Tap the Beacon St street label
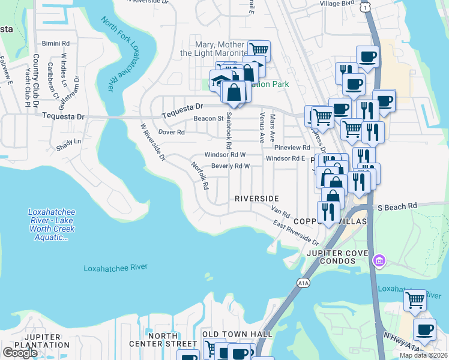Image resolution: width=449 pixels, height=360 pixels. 208,119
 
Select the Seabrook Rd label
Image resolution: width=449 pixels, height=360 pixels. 228,133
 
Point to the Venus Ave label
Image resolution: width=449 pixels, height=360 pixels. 262,128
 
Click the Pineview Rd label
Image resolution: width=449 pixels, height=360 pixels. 291,147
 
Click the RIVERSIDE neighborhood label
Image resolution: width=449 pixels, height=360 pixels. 256,199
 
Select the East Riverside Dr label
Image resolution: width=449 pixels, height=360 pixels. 295,233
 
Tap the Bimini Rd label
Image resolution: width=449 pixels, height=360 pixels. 56,44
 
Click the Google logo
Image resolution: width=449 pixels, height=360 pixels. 20,352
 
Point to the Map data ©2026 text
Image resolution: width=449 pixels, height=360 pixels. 423,355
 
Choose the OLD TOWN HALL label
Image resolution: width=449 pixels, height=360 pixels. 237,334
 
